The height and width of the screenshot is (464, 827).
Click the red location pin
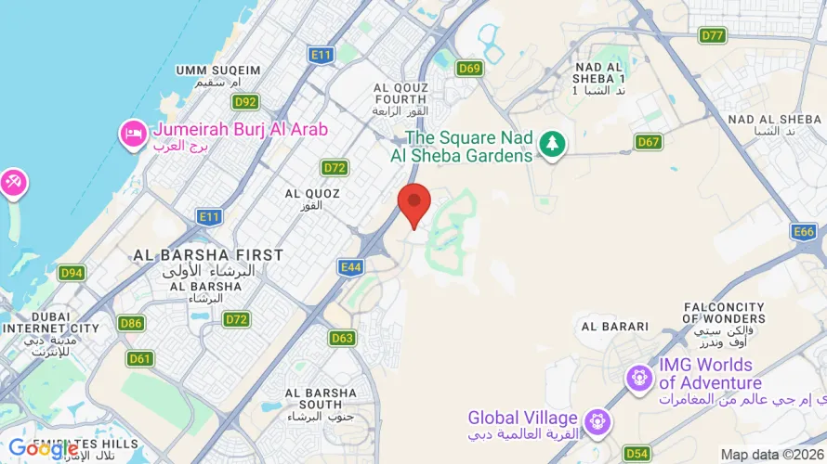[x=413, y=203]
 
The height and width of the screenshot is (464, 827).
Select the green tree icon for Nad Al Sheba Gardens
[x=553, y=144]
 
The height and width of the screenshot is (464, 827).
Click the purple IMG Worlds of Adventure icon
[x=638, y=378]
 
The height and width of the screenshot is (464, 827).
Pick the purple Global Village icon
[x=597, y=422]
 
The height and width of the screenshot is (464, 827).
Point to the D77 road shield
[x=713, y=35]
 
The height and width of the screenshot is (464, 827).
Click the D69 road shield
[x=469, y=68]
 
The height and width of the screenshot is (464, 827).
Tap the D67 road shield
[x=649, y=141]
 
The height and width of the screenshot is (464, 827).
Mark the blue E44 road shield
[x=350, y=267]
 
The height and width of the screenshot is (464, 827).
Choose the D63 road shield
[x=342, y=338]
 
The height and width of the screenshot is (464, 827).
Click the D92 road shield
[x=246, y=102]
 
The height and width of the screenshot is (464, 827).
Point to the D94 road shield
[x=72, y=273]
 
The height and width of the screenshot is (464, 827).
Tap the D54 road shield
[x=637, y=453]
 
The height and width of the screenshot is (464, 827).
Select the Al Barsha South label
[x=321, y=398]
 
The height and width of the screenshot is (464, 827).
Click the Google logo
[x=43, y=449]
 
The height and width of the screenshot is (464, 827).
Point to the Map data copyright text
[x=772, y=455]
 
